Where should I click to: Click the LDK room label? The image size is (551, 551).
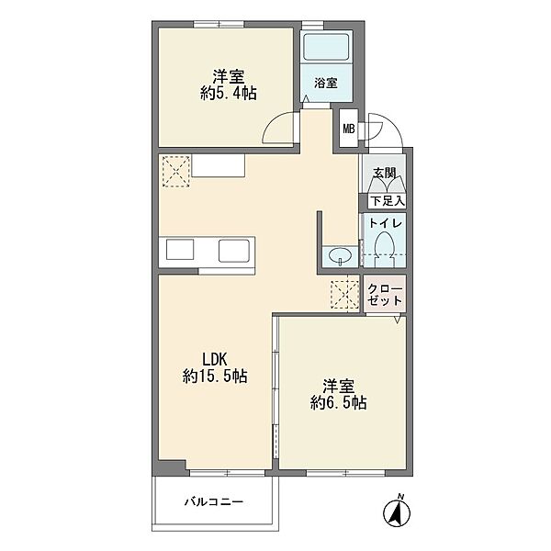tap(215, 359)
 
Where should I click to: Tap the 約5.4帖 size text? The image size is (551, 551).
tap(228, 93)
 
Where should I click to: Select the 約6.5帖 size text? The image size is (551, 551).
tap(338, 402)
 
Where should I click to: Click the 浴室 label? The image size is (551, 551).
tap(326, 84)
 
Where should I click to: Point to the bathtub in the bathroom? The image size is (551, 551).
tap(326, 47)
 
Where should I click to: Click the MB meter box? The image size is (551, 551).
tap(349, 129)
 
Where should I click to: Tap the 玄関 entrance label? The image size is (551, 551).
tap(385, 173)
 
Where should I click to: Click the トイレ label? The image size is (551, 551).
tap(385, 223)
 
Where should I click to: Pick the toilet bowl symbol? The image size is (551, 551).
tap(385, 249)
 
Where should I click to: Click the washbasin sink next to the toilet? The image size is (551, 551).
tap(340, 255)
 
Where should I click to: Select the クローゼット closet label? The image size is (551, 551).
tap(385, 295)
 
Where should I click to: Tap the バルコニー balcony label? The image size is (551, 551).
tap(214, 501)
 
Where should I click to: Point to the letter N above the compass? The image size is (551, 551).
tap(399, 497)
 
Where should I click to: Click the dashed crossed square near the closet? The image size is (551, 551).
tap(344, 295)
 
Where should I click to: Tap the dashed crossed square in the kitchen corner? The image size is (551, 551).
tap(176, 172)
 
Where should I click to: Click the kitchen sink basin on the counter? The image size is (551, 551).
tap(234, 250)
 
